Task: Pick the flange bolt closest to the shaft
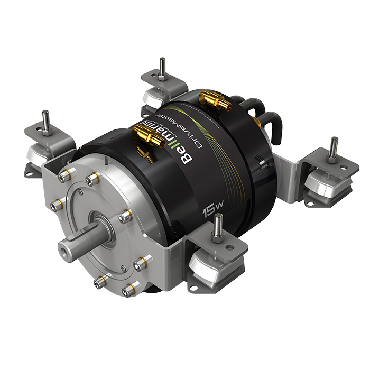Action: point(125,217)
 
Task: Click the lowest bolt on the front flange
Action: point(128,289)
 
